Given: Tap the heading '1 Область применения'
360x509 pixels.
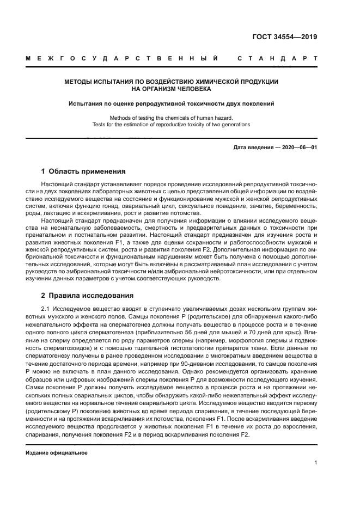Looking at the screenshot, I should point(83,171).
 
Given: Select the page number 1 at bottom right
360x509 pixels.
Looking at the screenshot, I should point(316,463).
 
